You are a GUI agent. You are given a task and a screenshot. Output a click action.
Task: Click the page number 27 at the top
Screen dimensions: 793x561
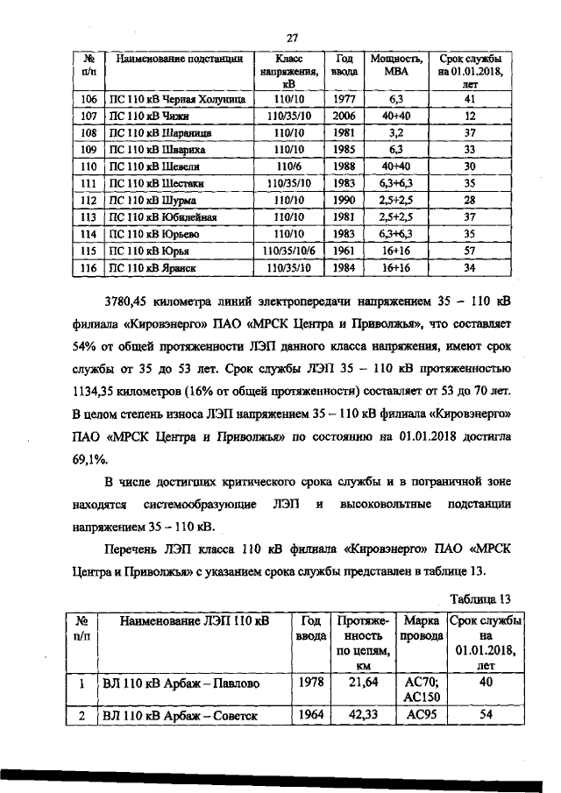(x=293, y=37)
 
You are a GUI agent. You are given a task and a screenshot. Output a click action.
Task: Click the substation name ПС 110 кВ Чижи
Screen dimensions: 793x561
(x=145, y=116)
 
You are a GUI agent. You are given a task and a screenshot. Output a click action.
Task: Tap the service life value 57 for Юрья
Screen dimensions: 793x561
(x=470, y=251)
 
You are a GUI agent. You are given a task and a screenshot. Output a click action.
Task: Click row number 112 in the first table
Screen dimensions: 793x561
(x=88, y=200)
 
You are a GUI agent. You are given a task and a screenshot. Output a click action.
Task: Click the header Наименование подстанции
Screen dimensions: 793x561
(x=178, y=59)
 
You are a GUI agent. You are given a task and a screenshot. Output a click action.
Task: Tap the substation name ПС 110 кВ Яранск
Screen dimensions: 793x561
(x=150, y=267)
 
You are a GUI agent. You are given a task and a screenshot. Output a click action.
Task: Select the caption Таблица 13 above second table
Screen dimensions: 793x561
(x=479, y=598)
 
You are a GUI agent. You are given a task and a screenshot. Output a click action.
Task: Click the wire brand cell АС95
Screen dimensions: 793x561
(x=420, y=715)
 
